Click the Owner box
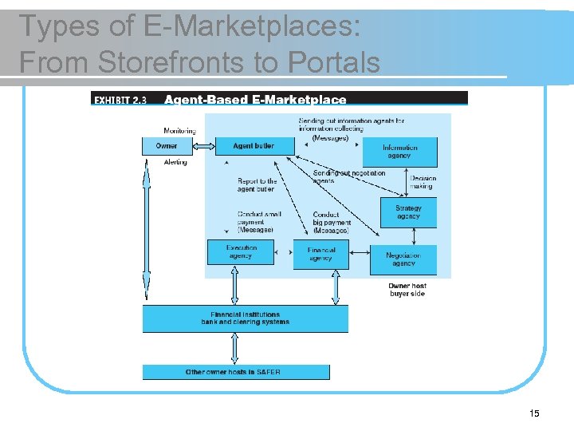pyautogui.click(x=167, y=146)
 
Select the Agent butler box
pyautogui.click(x=254, y=146)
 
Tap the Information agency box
pyautogui.click(x=399, y=152)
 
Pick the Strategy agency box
pyautogui.click(x=407, y=212)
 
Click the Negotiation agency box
pyautogui.click(x=403, y=259)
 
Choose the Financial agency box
pyautogui.click(x=320, y=254)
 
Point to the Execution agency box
pyautogui.click(x=240, y=252)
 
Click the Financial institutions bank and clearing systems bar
pyautogui.click(x=246, y=318)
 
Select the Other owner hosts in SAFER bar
pyautogui.click(x=235, y=372)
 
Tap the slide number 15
pyautogui.click(x=534, y=413)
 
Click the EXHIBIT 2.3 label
pyautogui.click(x=120, y=100)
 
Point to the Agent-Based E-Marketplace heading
pyautogui.click(x=255, y=100)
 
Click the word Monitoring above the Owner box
pyautogui.click(x=179, y=131)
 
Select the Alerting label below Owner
pyautogui.click(x=175, y=162)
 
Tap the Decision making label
pyautogui.click(x=423, y=183)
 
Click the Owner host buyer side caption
pyautogui.click(x=407, y=290)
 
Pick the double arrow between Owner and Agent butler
pyautogui.click(x=205, y=146)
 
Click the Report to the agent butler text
pyautogui.click(x=257, y=185)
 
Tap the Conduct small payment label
pyautogui.click(x=256, y=222)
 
